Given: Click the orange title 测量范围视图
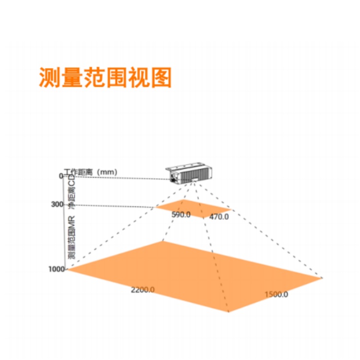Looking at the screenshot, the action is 106,77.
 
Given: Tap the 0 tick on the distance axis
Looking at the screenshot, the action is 61,176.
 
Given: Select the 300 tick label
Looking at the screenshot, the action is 57,204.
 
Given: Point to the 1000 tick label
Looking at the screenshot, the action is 57,269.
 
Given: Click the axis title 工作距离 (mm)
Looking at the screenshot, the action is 90,172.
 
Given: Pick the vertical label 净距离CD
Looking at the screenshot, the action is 72,192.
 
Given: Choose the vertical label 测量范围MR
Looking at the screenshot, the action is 72,238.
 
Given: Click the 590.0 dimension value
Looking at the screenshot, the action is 181,215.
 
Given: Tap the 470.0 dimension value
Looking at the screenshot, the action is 219,216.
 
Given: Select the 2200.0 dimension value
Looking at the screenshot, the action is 143,290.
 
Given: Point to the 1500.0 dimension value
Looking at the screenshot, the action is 276,294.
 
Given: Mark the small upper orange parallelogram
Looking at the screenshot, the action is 193,208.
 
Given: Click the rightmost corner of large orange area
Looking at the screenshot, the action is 323,278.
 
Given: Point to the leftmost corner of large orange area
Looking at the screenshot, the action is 67,270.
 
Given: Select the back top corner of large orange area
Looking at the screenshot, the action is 163,241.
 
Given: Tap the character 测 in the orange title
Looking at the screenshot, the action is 49,77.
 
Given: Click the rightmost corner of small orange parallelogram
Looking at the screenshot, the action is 231,210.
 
